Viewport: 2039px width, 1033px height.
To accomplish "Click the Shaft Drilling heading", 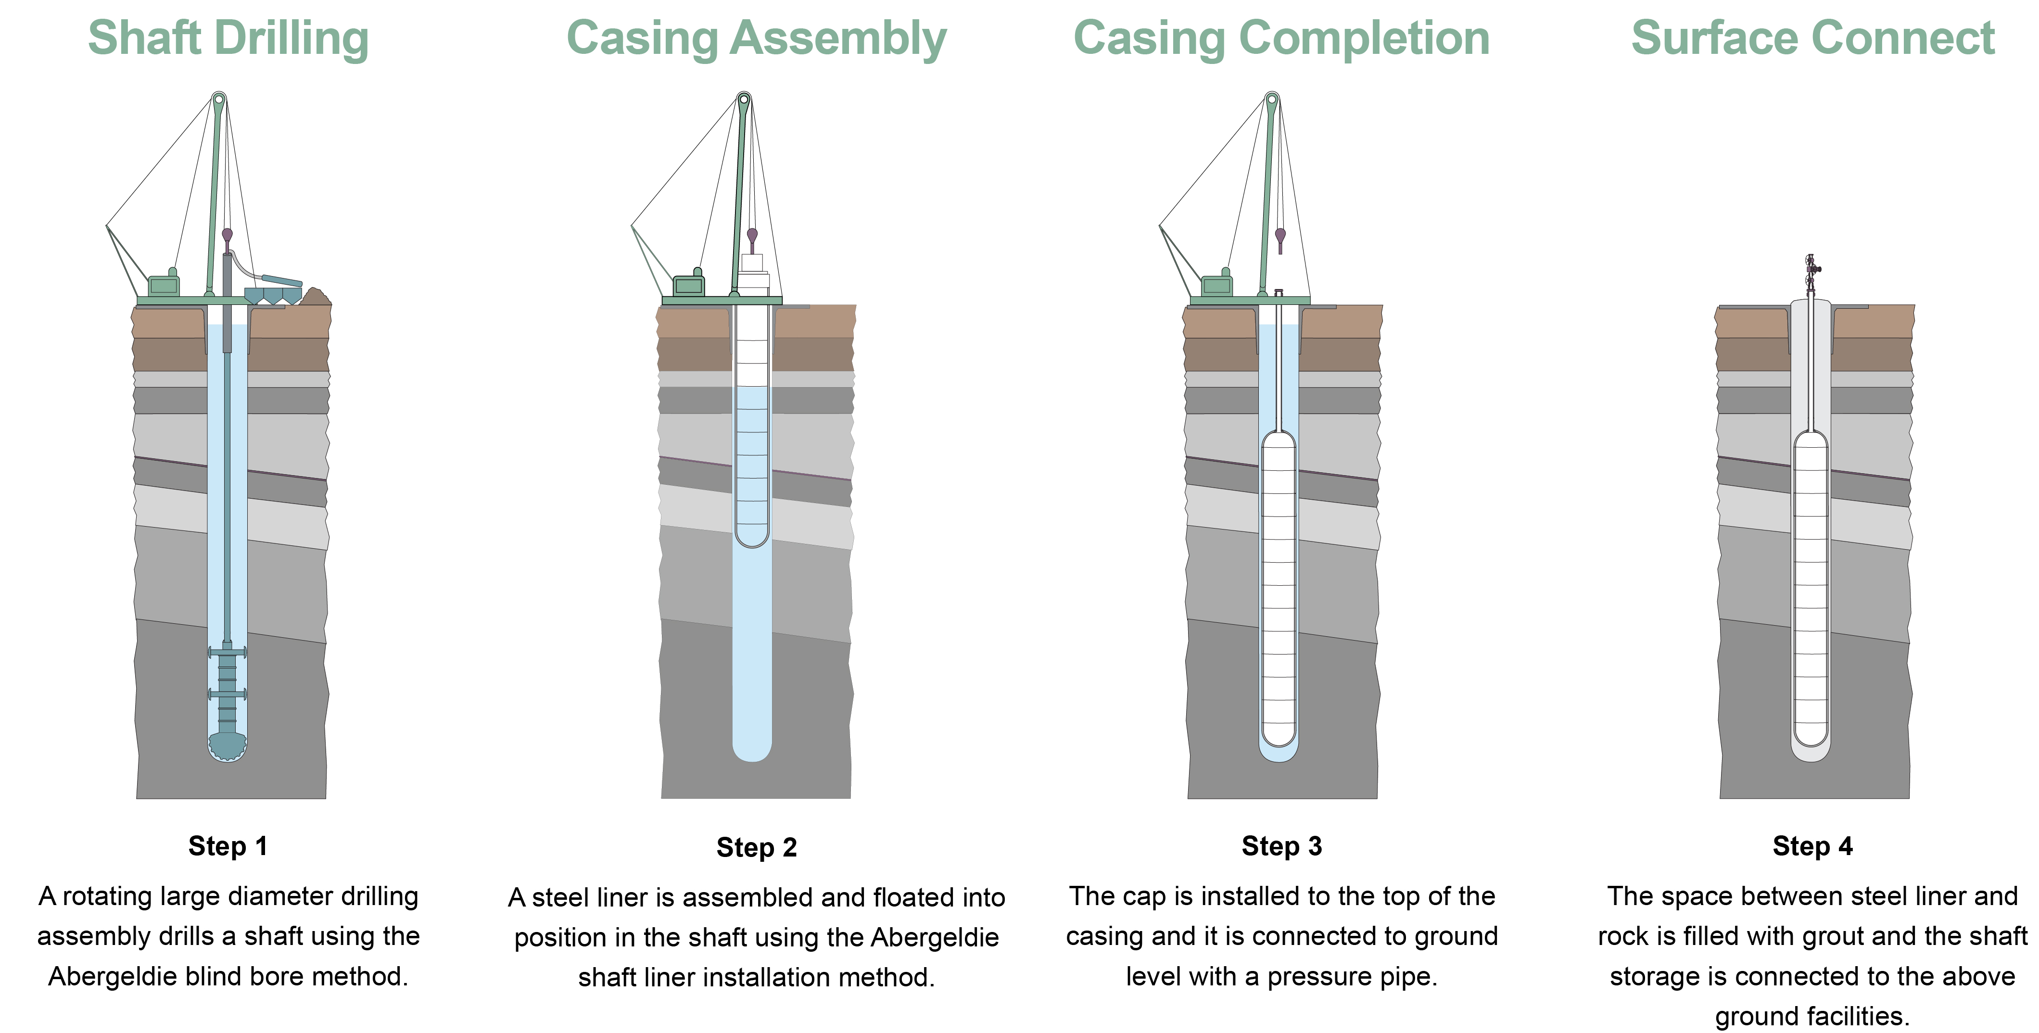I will click(228, 38).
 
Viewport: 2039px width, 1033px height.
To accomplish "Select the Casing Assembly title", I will click(756, 38).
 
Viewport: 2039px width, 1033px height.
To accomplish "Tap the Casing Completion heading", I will click(1281, 38).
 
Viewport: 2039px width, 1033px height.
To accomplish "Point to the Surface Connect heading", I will click(1812, 38).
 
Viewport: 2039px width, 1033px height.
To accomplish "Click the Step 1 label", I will click(228, 846).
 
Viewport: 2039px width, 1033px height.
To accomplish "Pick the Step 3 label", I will click(1281, 846).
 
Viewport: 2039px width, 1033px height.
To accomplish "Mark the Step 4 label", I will click(1812, 846).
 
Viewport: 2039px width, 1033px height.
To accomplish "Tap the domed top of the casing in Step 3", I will click(1279, 440).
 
